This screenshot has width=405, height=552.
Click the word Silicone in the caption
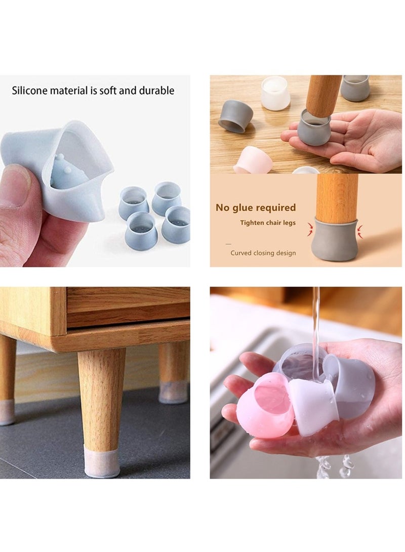29,91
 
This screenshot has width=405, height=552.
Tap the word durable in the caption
156,91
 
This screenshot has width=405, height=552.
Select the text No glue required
255,207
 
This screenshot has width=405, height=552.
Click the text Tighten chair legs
268,223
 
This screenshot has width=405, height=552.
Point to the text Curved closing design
263,253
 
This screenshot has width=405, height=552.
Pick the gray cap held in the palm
314,126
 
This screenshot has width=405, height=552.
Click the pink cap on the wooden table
253,160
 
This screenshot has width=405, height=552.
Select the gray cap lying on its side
235,116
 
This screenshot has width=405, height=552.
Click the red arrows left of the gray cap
310,229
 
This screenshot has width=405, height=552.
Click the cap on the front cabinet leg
102,460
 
